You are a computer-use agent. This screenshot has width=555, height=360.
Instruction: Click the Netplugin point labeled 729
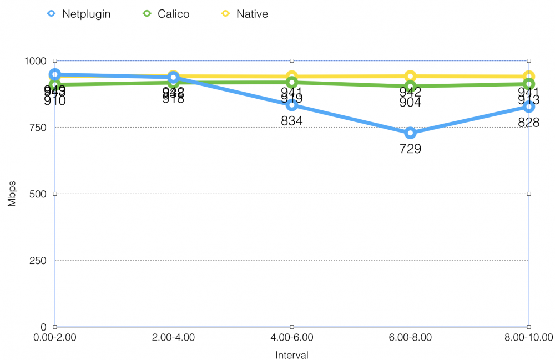[x=410, y=133]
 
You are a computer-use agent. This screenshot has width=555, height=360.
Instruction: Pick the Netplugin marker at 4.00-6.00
[x=291, y=105]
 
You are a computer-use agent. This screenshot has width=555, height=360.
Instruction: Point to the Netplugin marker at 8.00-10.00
[x=528, y=106]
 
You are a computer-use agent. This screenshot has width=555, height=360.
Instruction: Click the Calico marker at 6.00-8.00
[x=410, y=87]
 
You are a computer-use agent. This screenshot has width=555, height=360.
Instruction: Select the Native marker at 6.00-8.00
[x=410, y=77]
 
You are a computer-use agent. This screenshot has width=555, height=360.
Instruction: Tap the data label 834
[x=291, y=120]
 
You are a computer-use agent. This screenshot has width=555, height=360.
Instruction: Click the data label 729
[x=410, y=148]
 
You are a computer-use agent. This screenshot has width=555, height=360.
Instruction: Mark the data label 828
[x=528, y=122]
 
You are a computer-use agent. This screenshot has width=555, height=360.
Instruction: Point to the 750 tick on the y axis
[x=38, y=127]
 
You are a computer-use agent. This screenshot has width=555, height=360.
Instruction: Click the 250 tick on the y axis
[x=38, y=260]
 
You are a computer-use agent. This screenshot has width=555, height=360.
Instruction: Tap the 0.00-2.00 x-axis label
[x=55, y=337]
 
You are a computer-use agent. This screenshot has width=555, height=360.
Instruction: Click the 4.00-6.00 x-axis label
[x=291, y=337]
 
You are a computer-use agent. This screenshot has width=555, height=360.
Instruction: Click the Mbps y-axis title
[x=12, y=194]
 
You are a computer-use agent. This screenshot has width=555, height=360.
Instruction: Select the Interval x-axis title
[x=291, y=354]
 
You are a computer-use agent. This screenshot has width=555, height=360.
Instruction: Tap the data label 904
[x=410, y=102]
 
